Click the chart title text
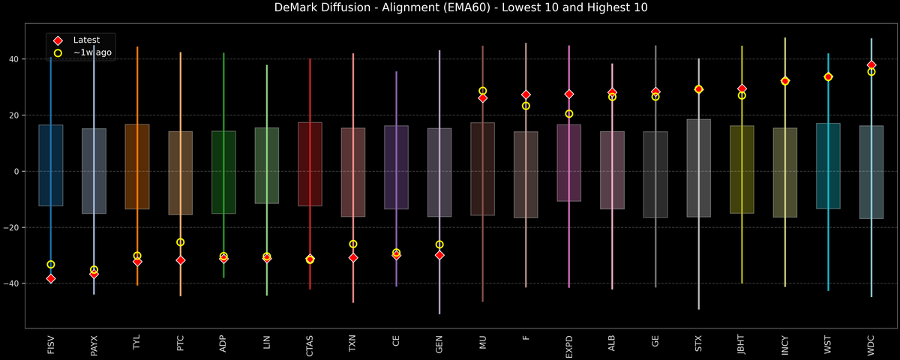point(450,8)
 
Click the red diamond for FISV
point(51,279)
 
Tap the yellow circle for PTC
point(180,242)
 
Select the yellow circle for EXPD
point(569,114)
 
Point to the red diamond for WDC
point(871,65)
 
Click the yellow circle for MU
point(482,91)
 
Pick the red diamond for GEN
point(439,255)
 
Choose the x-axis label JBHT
point(742,346)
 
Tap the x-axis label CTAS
point(310,346)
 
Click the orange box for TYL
point(137,166)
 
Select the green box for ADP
point(223,172)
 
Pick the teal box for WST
point(828,166)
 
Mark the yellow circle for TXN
point(353,244)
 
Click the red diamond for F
point(526,95)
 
